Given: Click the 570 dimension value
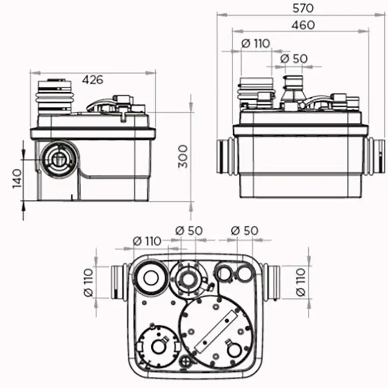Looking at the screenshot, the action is pyautogui.click(x=303, y=8).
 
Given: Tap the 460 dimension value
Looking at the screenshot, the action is pyautogui.click(x=303, y=25).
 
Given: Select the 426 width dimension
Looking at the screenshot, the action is pyautogui.click(x=92, y=80).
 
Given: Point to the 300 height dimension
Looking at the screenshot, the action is pyautogui.click(x=183, y=157).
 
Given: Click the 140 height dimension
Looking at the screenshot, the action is pyautogui.click(x=17, y=179).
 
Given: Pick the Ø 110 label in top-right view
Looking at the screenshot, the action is pyautogui.click(x=255, y=44).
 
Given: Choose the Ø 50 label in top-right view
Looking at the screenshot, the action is pyautogui.click(x=294, y=59).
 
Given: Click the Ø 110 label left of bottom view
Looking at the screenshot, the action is pyautogui.click(x=89, y=283).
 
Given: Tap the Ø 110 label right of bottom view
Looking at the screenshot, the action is pyautogui.click(x=301, y=282).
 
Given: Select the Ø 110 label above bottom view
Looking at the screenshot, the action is pyautogui.click(x=147, y=241).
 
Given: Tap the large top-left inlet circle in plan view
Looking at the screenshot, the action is pyautogui.click(x=151, y=277).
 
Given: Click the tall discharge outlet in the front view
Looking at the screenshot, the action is pyautogui.click(x=293, y=91).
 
